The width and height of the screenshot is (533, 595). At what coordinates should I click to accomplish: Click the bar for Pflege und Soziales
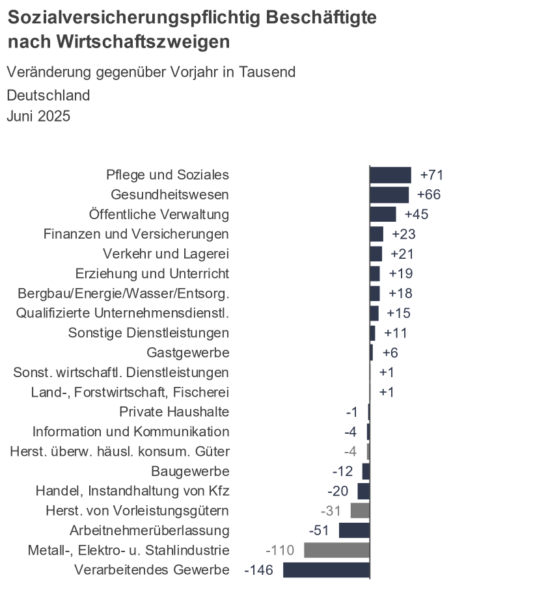390,175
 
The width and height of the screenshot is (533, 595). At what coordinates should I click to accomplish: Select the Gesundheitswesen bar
389,194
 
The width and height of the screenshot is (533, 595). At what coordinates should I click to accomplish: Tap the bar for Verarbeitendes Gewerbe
326,570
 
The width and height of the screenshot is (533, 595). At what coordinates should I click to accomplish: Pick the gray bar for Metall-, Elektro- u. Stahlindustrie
336,550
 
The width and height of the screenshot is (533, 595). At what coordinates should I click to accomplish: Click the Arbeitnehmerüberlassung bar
354,531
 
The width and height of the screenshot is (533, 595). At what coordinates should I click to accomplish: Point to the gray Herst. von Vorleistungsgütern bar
360,510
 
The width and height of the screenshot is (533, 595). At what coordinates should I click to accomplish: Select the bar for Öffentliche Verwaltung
383,214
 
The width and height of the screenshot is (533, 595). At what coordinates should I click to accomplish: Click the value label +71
432,175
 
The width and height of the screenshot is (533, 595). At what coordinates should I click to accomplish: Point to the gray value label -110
280,550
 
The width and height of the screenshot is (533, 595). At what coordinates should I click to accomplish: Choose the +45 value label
417,214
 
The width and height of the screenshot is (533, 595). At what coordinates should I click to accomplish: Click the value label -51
319,531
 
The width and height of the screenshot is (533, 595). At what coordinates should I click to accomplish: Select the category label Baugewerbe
190,471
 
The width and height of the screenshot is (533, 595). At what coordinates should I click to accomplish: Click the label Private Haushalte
174,412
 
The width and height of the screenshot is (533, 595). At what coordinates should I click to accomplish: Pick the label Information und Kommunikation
131,432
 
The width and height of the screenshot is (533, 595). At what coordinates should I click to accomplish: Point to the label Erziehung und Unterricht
152,273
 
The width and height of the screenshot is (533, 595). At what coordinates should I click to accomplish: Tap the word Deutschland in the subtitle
48,96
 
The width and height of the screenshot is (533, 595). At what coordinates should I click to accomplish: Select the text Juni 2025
38,116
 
